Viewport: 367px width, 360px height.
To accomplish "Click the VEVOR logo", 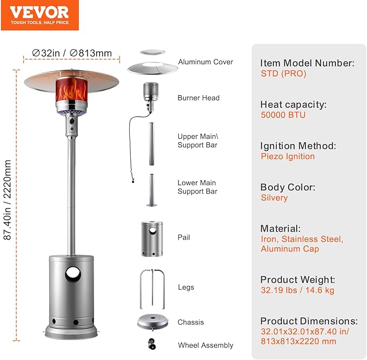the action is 39,15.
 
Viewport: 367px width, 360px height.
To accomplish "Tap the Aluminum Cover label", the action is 205,62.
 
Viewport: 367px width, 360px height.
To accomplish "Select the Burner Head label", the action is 198,98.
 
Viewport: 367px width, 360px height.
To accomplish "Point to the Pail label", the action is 184,237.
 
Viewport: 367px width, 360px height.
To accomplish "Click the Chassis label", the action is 190,322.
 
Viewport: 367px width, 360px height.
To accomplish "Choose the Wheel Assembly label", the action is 205,345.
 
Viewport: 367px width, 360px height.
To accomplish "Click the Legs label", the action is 186,287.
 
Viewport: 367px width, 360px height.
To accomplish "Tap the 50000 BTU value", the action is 283,115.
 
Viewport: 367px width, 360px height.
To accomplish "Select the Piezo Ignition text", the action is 288,156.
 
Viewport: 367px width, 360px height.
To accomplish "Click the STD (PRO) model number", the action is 283,74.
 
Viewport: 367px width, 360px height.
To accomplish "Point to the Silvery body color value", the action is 274,198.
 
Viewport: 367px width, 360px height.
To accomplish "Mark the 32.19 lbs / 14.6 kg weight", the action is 297,290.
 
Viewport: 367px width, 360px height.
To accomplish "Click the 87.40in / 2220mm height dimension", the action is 7,200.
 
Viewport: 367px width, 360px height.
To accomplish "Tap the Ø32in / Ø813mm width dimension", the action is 72,53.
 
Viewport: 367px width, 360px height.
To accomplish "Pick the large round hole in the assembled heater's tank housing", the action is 73,274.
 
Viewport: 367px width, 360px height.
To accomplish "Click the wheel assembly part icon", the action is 152,344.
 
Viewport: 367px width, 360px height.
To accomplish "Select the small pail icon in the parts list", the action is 152,239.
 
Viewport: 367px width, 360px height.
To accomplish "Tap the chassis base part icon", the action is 152,323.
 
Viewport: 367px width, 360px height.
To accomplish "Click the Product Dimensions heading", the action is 309,321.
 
